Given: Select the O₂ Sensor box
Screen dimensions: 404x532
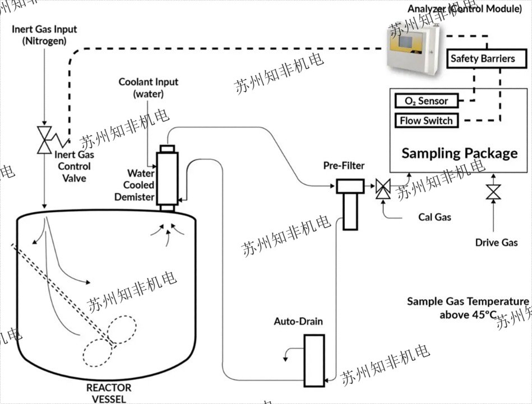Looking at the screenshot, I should pos(426,101).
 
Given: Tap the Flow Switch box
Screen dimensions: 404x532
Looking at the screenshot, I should pos(426,120).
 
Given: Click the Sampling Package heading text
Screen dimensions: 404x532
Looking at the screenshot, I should pos(460,153).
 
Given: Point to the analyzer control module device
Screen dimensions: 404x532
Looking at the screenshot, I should pos(411,50).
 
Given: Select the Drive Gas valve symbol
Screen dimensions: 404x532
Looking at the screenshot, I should pos(493,192).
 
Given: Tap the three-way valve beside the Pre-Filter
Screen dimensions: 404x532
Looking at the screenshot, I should pos(384,189).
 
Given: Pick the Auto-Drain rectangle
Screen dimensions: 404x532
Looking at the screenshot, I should pos(314,360).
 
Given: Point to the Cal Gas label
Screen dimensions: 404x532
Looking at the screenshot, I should pos(434,217).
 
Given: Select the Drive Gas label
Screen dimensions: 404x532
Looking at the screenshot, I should pos(496,243).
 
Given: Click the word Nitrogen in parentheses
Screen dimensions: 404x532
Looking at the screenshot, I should pos(44,41).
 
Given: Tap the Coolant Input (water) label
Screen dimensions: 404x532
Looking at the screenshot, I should pos(149,87).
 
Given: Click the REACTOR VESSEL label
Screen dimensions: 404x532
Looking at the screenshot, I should pos(109,393).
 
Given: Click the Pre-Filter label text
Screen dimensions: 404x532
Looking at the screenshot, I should pos(344,166).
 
